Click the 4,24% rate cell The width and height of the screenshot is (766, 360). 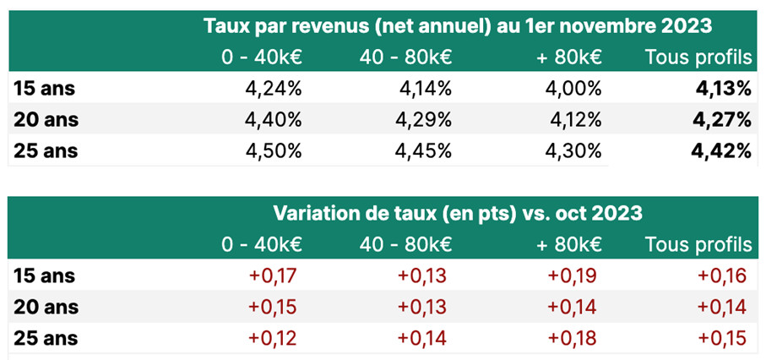(x=273, y=89)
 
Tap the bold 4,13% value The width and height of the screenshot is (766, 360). (x=723, y=89)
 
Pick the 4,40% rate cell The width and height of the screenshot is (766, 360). (x=273, y=120)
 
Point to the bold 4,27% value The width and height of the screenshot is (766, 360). (x=723, y=120)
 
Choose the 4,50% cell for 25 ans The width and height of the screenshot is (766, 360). (x=273, y=151)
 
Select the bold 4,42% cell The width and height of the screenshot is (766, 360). (x=723, y=151)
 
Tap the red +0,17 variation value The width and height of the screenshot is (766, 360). (x=274, y=275)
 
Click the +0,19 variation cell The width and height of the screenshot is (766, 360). (x=574, y=275)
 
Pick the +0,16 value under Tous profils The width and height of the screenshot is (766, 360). (x=724, y=275)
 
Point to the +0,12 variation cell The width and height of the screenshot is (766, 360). (x=274, y=338)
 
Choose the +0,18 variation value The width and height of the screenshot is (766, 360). (x=574, y=338)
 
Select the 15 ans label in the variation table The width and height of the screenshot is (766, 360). (x=46, y=275)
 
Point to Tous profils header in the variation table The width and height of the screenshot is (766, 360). (x=698, y=245)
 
